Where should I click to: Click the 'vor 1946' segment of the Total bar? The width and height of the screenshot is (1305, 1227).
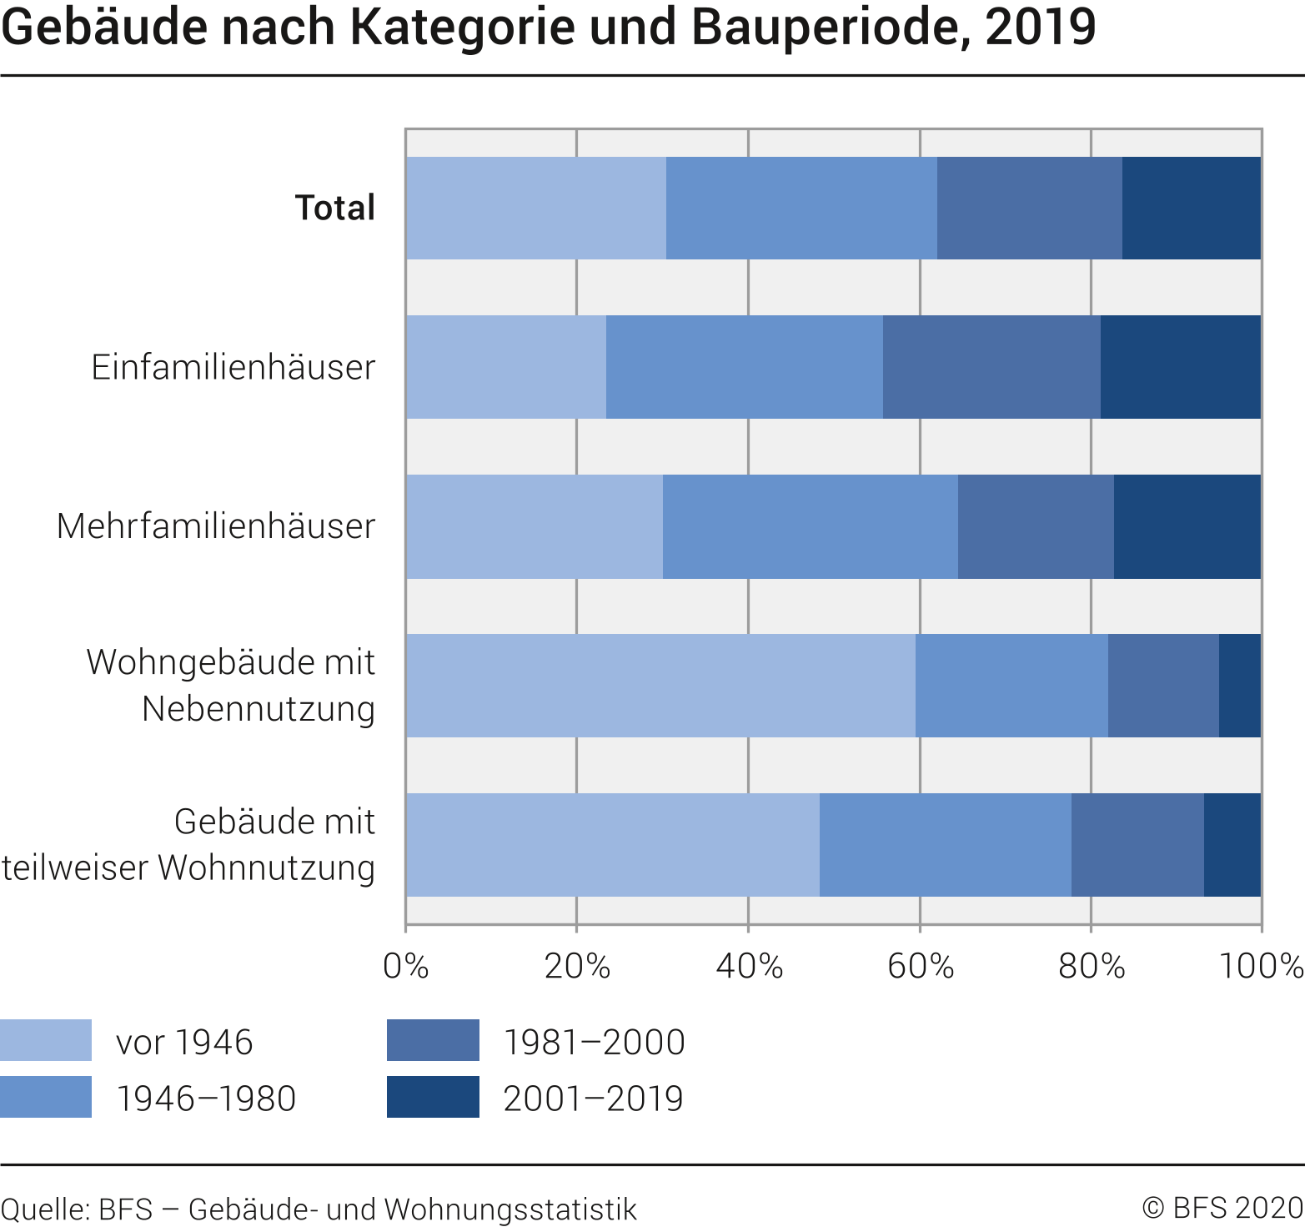coord(536,208)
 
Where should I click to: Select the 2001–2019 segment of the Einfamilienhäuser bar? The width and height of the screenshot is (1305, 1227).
coord(1181,367)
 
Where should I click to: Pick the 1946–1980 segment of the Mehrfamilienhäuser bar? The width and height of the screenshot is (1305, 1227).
coord(811,526)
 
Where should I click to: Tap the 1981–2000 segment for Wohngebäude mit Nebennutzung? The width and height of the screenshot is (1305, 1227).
coord(1163,686)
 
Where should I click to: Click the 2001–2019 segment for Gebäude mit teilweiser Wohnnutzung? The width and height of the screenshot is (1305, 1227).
coord(1232,845)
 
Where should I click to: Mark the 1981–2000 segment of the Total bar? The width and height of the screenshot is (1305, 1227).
coord(1030,208)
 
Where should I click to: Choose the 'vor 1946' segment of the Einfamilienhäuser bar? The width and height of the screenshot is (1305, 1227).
coord(506,367)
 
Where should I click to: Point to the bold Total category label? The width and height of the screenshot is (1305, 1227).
coord(335,208)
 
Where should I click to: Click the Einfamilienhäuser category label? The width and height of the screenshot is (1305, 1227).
coord(233,367)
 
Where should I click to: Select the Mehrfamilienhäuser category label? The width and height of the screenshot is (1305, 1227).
coord(216,526)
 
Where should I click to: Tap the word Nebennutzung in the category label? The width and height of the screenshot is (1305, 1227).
coord(258,709)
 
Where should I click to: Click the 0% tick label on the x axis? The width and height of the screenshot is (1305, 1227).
coord(406,966)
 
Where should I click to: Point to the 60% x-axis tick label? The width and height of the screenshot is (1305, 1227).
coord(920,966)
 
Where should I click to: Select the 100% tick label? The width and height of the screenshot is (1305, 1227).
coord(1261,966)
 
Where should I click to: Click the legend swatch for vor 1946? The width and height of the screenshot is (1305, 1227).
coord(46,1040)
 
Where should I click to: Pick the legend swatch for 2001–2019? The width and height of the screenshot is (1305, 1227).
coord(433,1097)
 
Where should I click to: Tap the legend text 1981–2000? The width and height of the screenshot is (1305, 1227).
coord(594,1042)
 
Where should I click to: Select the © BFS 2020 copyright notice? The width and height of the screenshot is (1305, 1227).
coord(1222,1208)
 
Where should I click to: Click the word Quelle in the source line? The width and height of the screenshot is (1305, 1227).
coord(45,1209)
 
